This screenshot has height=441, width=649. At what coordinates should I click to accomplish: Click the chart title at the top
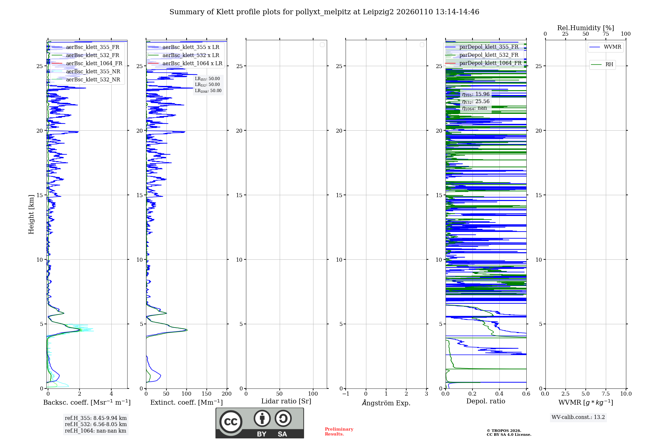pyautogui.click(x=324, y=12)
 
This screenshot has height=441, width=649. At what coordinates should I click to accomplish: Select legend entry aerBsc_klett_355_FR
pyautogui.click(x=92, y=47)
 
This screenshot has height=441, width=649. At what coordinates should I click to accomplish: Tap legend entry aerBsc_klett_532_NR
pyautogui.click(x=93, y=80)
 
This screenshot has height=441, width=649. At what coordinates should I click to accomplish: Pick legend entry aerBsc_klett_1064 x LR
pyautogui.click(x=192, y=64)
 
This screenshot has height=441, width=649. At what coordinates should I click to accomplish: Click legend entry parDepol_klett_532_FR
pyautogui.click(x=489, y=55)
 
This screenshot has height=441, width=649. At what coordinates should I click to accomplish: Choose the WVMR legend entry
pyautogui.click(x=612, y=47)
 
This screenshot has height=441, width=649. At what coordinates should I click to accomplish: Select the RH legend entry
pyautogui.click(x=609, y=65)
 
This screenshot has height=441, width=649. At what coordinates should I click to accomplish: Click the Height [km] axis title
pyautogui.click(x=31, y=214)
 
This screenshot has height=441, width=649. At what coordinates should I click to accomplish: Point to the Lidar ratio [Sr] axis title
pyautogui.click(x=286, y=401)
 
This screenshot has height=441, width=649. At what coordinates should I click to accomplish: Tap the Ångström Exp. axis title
pyautogui.click(x=386, y=403)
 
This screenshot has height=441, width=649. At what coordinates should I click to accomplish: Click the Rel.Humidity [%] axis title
pyautogui.click(x=585, y=28)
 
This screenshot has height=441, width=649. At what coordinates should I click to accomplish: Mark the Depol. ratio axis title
pyautogui.click(x=485, y=401)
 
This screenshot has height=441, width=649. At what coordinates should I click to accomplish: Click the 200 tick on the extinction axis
pyautogui.click(x=227, y=394)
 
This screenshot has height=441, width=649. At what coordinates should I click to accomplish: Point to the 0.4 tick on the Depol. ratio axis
pyautogui.click(x=499, y=394)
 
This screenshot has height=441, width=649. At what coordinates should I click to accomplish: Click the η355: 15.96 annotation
pyautogui.click(x=476, y=94)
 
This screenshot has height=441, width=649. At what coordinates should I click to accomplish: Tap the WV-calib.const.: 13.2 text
pyautogui.click(x=578, y=417)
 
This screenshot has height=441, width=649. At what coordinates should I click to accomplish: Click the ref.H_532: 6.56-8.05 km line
pyautogui.click(x=96, y=424)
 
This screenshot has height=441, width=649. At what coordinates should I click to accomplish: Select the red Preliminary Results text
pyautogui.click(x=339, y=432)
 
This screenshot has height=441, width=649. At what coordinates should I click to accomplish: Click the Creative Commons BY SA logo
pyautogui.click(x=260, y=423)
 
